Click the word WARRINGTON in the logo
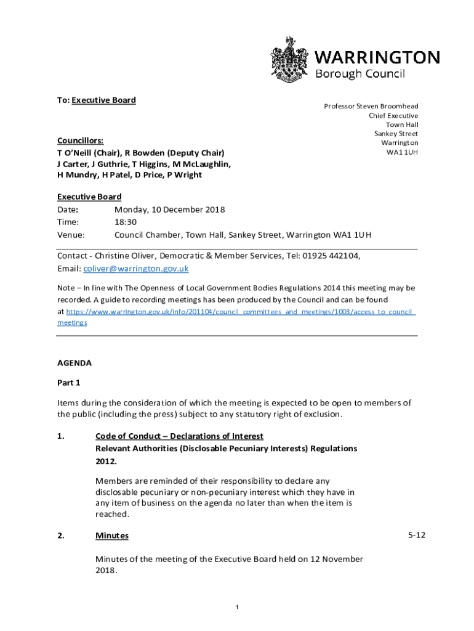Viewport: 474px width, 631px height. pos(377,58)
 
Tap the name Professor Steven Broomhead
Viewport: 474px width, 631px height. pos(371,106)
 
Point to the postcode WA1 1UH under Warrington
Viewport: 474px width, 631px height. pos(402,152)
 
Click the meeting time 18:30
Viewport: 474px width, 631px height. pos(126,222)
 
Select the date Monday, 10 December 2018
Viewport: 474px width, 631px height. pos(169,210)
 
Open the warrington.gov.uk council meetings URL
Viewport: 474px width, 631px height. pos(240,312)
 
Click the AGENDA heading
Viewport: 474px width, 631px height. pos(74,363)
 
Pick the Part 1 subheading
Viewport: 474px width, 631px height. pos(69,383)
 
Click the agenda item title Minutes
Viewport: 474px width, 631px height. pos(112,535)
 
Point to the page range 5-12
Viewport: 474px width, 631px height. pos(417,535)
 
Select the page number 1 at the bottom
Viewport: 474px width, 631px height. pos(237,608)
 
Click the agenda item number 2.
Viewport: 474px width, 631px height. pos(61,535)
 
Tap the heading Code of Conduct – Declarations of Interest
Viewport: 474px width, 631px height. pos(179,436)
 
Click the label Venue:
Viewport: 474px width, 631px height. pos(71,235)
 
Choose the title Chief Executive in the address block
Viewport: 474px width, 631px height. pos(393,115)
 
